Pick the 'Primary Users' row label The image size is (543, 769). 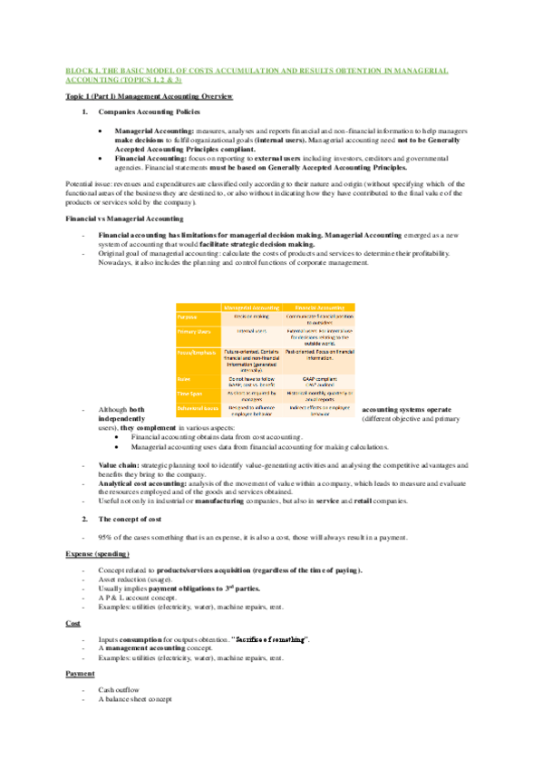coord(192,332)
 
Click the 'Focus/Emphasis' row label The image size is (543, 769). coord(195,351)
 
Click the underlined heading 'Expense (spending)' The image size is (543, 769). coord(98,552)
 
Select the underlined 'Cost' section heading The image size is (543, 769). coord(73,624)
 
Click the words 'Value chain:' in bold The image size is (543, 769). coord(117,463)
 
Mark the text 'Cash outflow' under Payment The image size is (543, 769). coord(119,690)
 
